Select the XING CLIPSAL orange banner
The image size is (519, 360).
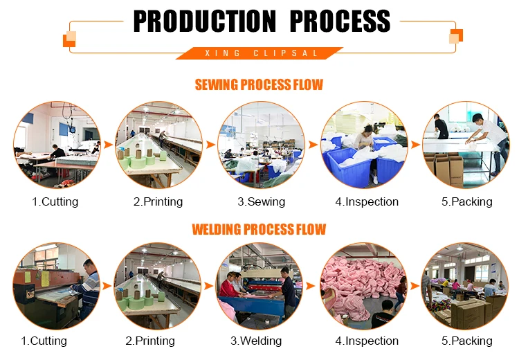pyautogui.click(x=259, y=53)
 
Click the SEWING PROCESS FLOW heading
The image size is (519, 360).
pyautogui.click(x=259, y=85)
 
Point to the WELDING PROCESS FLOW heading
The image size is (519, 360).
pyautogui.click(x=259, y=229)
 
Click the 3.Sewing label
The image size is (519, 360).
pyautogui.click(x=261, y=202)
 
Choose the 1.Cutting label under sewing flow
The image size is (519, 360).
pyautogui.click(x=55, y=202)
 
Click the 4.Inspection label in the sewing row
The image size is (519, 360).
pyautogui.click(x=367, y=202)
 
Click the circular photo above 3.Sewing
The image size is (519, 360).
pyautogui.click(x=261, y=145)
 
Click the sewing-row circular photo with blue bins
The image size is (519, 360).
pyautogui.click(x=363, y=145)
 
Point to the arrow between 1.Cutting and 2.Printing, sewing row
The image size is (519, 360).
pyautogui.click(x=107, y=145)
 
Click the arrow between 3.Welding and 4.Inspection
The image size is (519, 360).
pyautogui.click(x=312, y=285)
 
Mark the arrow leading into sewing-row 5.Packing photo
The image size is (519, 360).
pyautogui.click(x=415, y=145)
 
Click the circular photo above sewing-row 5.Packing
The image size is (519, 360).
pyautogui.click(x=466, y=145)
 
